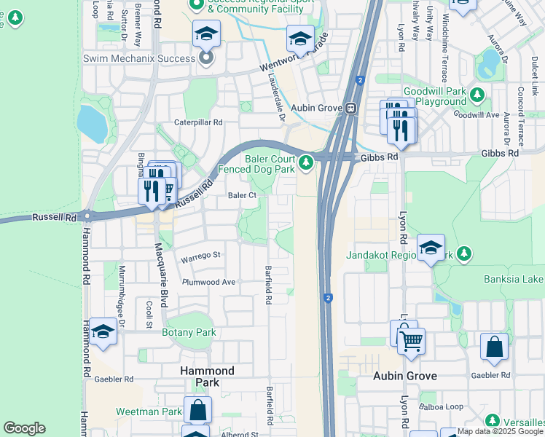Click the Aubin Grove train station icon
[x=350, y=108]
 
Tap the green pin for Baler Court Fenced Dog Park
[x=307, y=161]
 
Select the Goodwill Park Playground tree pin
[x=478, y=95]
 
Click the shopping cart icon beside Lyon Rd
[x=412, y=339]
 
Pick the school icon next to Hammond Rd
[x=103, y=333]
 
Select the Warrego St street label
[x=200, y=256]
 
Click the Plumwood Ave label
[x=209, y=282]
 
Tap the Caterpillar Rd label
[x=197, y=123]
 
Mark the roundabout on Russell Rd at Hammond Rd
[x=87, y=216]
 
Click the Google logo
[x=24, y=428]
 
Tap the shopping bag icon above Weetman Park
[x=197, y=409]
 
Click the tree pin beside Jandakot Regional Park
[x=461, y=253]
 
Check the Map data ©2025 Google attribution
[x=501, y=431]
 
